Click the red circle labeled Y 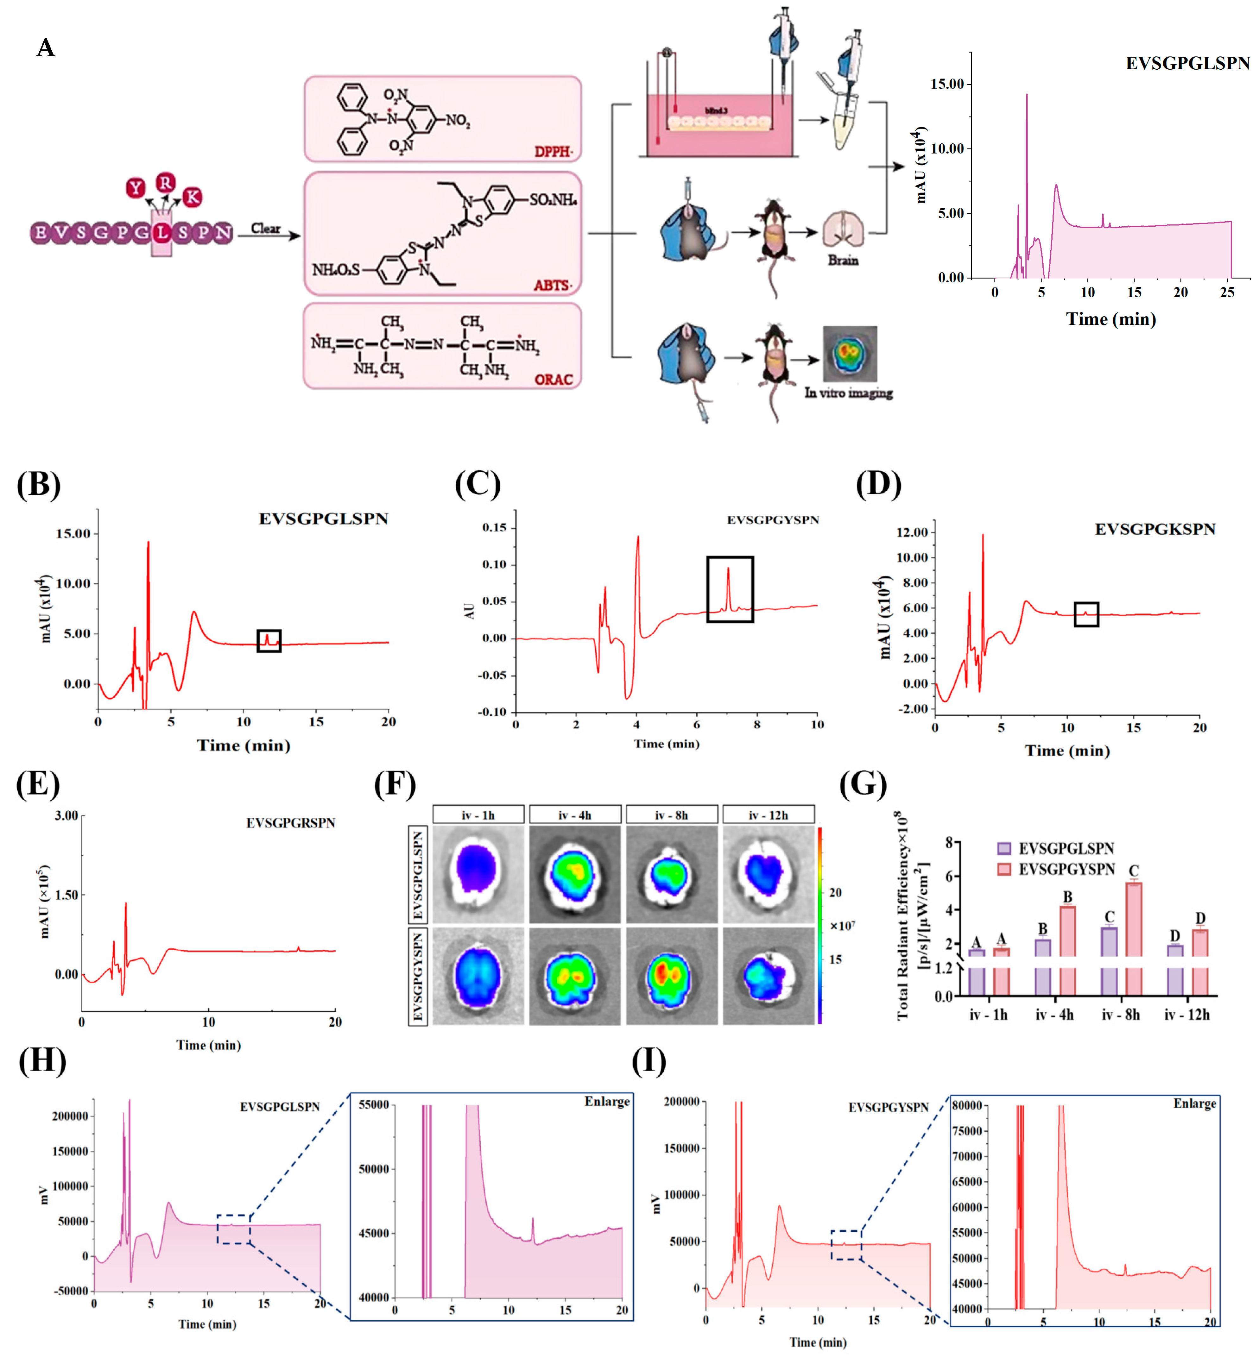[136, 188]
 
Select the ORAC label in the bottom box [553, 379]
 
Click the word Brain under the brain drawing [843, 260]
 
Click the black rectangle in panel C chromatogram [730, 590]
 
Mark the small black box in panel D [1086, 614]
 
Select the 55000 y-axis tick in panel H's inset [373, 1105]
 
